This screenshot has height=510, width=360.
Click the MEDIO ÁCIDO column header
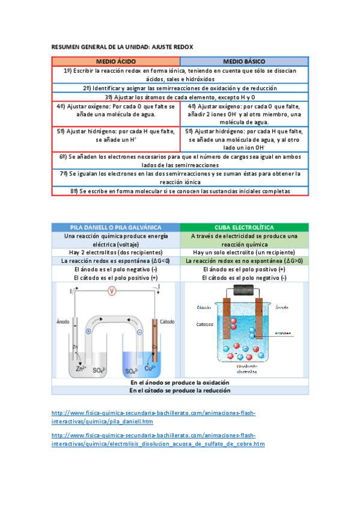(x=116, y=61)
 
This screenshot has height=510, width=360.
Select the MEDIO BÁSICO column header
(x=244, y=61)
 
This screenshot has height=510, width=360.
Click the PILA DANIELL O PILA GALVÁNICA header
(x=116, y=227)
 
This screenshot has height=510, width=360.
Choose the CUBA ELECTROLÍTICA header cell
(x=244, y=227)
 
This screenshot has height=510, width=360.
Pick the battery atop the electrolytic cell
(x=244, y=290)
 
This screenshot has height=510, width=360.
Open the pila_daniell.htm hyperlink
(x=102, y=422)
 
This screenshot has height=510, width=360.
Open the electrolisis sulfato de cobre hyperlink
(x=158, y=443)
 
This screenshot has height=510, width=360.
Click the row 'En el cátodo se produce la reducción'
(x=180, y=390)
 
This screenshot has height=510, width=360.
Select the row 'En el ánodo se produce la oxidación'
(x=180, y=382)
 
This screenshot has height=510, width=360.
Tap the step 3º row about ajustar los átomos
(x=180, y=96)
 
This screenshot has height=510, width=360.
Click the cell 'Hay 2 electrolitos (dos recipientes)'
(x=116, y=253)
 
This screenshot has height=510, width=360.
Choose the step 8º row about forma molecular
(x=180, y=191)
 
